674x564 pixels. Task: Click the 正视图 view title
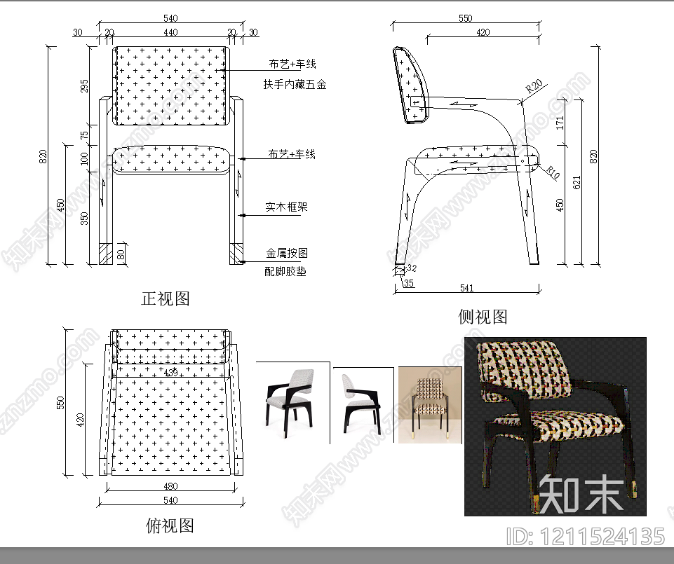[x=166, y=298]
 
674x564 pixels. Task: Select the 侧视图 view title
[x=483, y=317]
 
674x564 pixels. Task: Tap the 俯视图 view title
[x=170, y=525]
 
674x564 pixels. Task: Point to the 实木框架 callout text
[x=286, y=207]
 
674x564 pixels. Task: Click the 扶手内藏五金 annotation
[x=295, y=85]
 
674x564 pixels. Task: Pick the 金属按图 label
[x=286, y=253]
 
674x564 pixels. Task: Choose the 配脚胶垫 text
[x=285, y=271]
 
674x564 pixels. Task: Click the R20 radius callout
[x=534, y=86]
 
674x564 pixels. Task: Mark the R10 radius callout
[x=552, y=172]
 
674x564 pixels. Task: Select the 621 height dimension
[x=577, y=183]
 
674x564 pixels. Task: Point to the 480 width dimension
[x=170, y=486]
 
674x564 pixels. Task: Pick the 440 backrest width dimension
[x=170, y=32]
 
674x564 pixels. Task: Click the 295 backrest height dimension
[x=85, y=85]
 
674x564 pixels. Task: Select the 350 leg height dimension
[x=85, y=219]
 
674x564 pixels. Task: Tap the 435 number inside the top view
[x=170, y=371]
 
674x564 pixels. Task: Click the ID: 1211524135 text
[x=584, y=537]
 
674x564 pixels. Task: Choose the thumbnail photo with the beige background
[x=430, y=404]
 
